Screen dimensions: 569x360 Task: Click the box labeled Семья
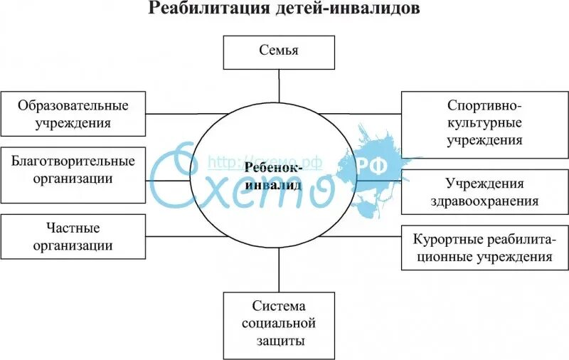tap(279, 51)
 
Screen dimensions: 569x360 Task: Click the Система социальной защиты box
tap(279, 324)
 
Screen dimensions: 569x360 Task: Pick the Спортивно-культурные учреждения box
tap(484, 122)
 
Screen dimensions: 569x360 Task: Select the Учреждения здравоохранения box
tap(484, 192)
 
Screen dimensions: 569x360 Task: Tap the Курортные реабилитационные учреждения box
tap(484, 248)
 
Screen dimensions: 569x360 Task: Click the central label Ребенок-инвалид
tap(274, 176)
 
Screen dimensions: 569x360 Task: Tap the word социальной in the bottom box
tap(279, 324)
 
